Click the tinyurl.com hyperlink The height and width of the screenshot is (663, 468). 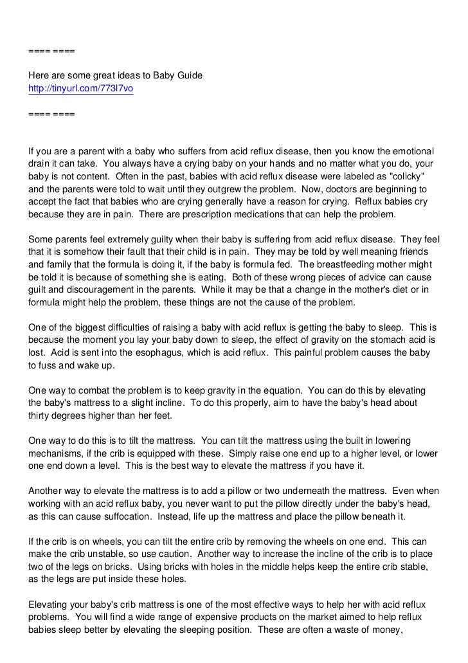point(81,88)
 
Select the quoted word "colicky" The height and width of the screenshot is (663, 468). point(404,177)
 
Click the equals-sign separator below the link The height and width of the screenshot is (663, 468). point(51,113)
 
